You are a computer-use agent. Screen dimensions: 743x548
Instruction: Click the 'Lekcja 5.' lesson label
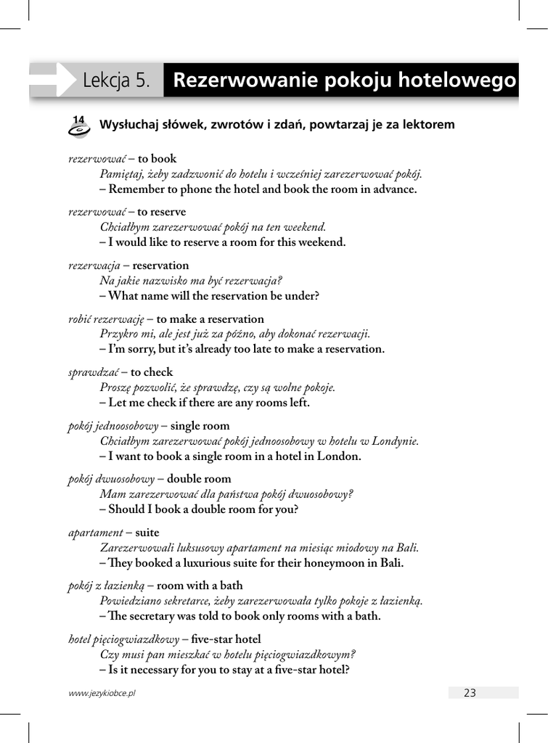tap(116, 81)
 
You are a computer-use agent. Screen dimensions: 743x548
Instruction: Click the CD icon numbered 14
tap(78, 126)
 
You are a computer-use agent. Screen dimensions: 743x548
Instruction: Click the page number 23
tap(470, 693)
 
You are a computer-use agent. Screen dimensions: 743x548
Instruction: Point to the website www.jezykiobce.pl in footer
tap(102, 693)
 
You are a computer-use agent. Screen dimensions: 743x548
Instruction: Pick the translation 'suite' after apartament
tap(147, 532)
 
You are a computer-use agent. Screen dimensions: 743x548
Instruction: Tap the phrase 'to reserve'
tap(162, 212)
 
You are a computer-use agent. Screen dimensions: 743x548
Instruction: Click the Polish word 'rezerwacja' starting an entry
tap(94, 266)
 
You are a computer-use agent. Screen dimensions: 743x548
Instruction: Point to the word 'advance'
tap(393, 189)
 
